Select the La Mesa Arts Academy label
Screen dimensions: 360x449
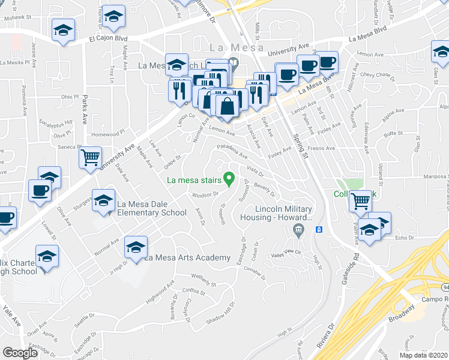click(x=188, y=258)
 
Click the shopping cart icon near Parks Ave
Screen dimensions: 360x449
click(x=91, y=158)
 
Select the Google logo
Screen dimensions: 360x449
click(x=20, y=353)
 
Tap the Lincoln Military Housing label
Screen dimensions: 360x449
click(x=285, y=213)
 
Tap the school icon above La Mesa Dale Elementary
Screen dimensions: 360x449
click(x=103, y=199)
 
